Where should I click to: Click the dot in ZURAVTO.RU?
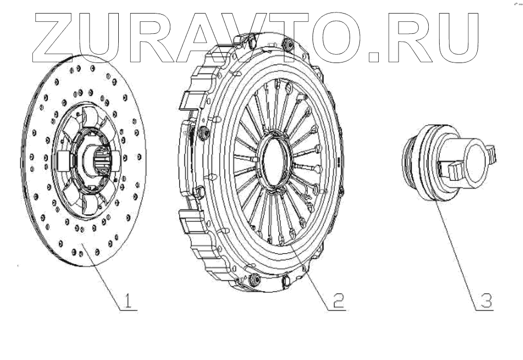tap(374, 57)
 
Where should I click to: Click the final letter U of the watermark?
tap(457, 38)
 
